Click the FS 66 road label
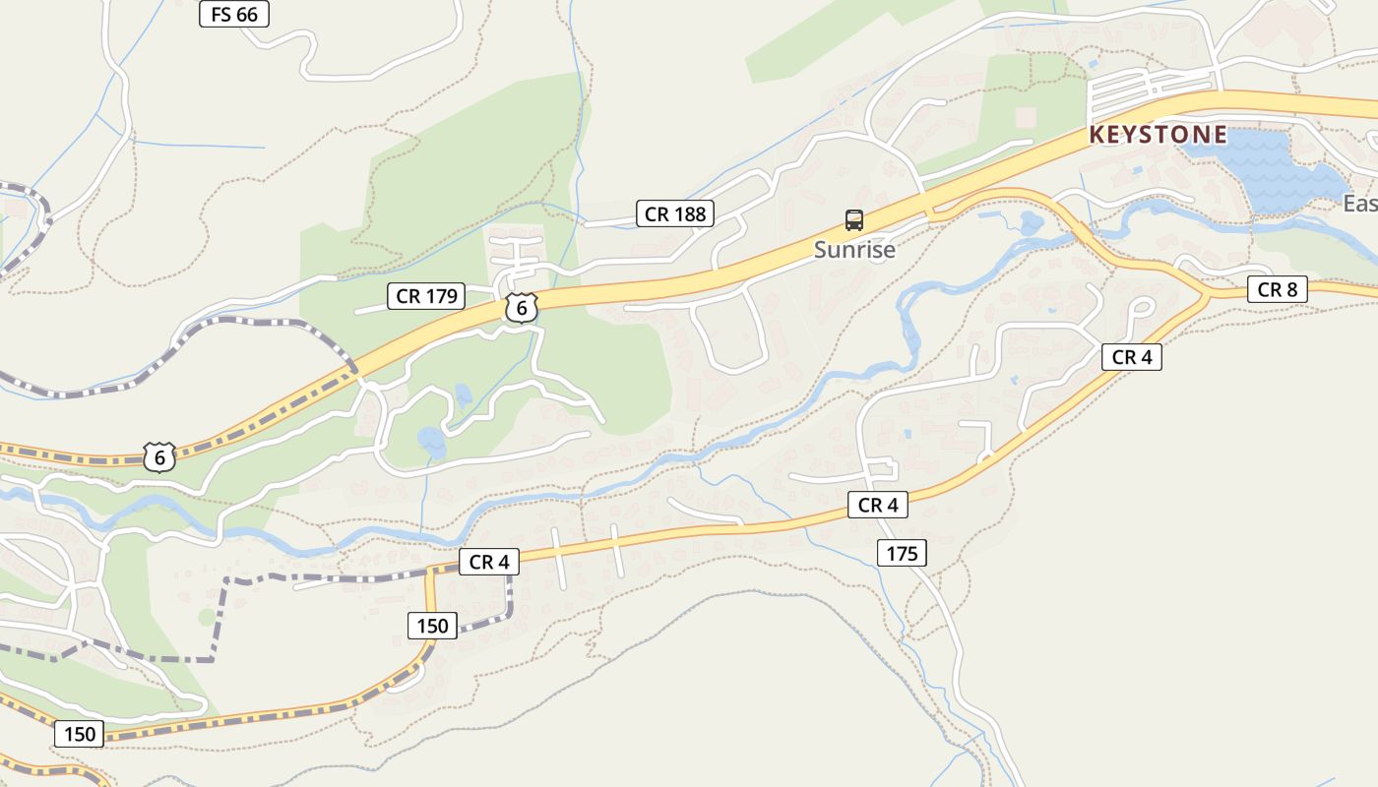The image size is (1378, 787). tap(233, 14)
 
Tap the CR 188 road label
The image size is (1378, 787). tap(675, 213)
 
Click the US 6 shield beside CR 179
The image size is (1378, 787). tap(522, 308)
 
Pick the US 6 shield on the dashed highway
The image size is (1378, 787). tap(159, 457)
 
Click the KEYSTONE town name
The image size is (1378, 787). tap(1159, 135)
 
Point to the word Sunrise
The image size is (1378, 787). tap(854, 250)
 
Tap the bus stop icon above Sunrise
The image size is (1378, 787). tap(854, 220)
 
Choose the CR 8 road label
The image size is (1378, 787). tap(1277, 289)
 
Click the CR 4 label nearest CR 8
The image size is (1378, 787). tap(1131, 357)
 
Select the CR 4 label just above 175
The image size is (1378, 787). tap(877, 506)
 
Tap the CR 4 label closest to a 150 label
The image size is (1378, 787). tap(488, 563)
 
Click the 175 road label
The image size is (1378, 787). tap(901, 554)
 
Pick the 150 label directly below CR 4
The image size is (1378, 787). tap(431, 626)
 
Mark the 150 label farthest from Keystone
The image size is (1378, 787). tap(79, 734)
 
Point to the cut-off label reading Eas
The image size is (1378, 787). tap(1360, 204)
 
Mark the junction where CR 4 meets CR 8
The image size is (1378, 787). tap(1207, 293)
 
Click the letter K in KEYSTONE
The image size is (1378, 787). tap(1097, 135)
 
